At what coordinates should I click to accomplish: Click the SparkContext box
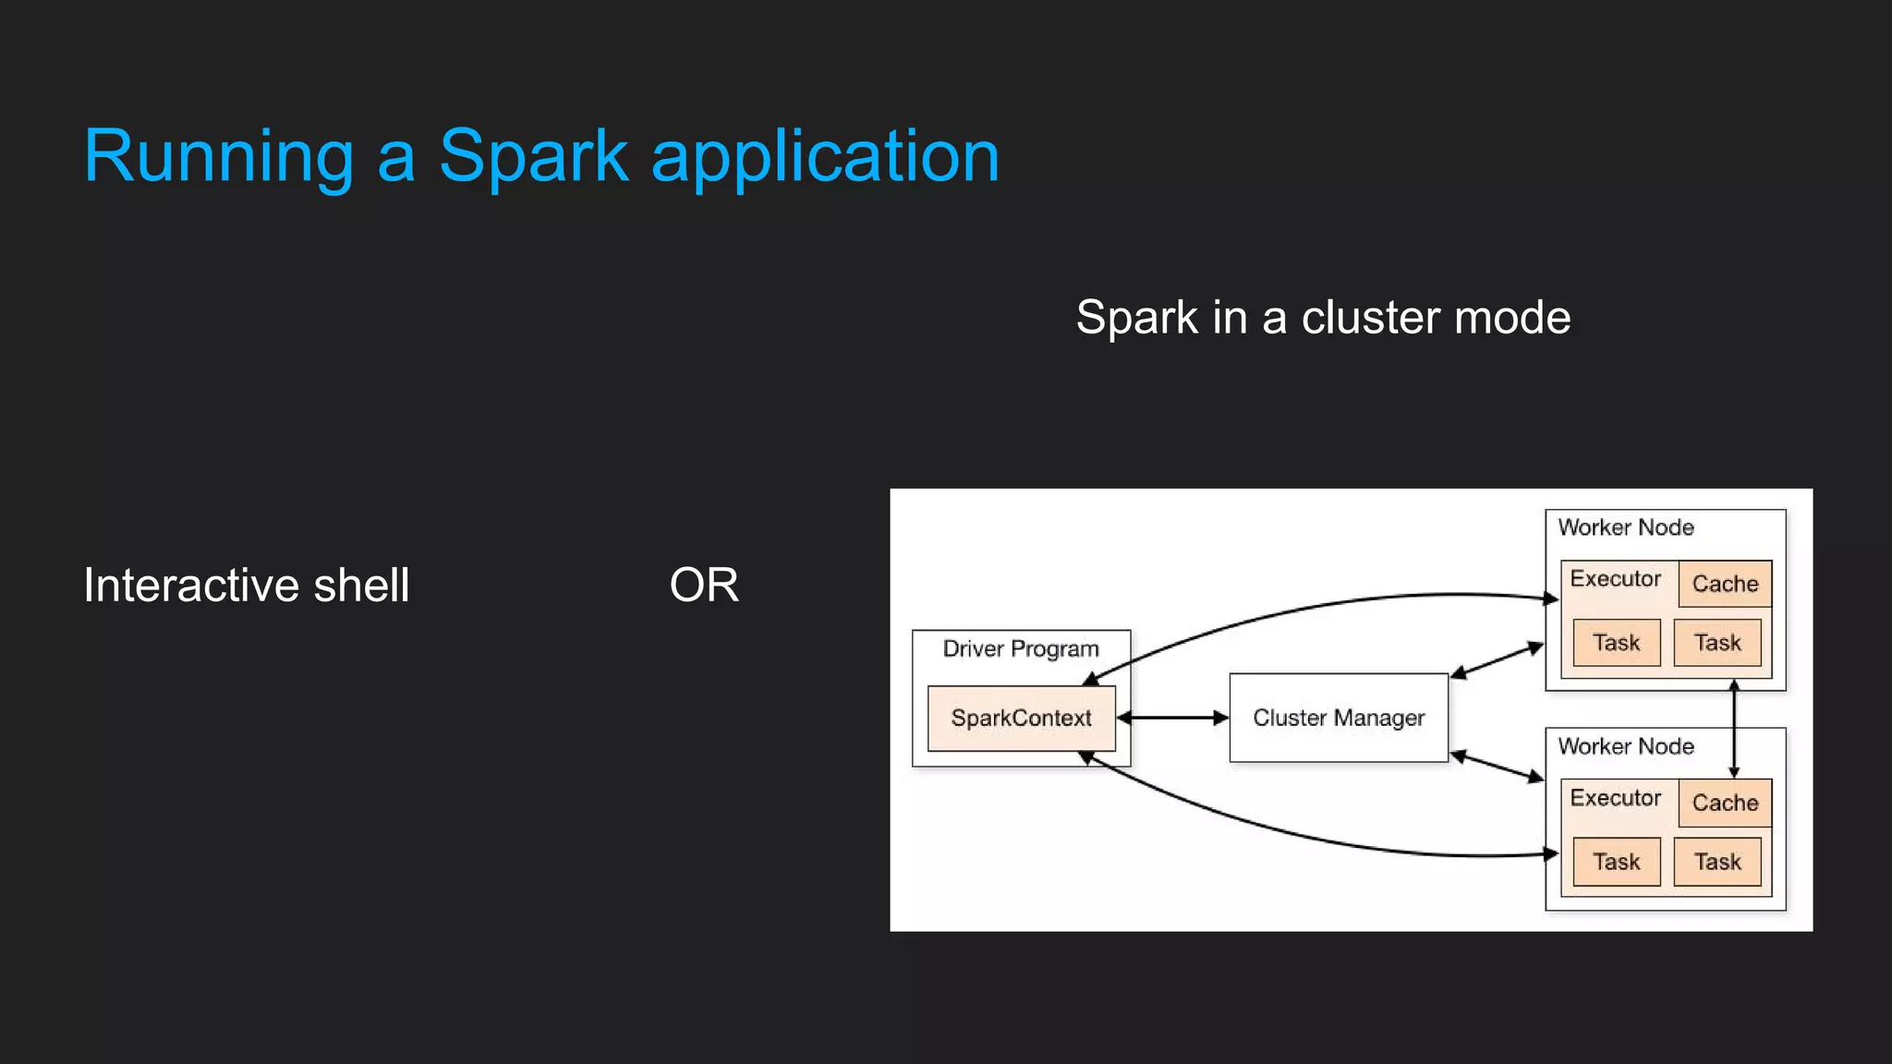(x=1021, y=719)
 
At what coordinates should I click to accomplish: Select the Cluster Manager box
(x=1339, y=718)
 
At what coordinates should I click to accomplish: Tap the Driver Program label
(x=1021, y=648)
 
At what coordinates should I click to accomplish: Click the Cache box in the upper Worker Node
(x=1725, y=584)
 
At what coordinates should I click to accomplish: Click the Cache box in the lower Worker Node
(x=1725, y=803)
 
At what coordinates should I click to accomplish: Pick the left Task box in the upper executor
(x=1616, y=643)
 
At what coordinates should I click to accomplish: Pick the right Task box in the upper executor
(x=1717, y=643)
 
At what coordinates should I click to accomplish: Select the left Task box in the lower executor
(x=1616, y=862)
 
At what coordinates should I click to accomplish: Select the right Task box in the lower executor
(x=1717, y=862)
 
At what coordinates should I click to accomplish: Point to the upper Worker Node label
(x=1626, y=527)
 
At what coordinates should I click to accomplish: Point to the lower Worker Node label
(x=1626, y=746)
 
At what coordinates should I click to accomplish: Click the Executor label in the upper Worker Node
(x=1615, y=579)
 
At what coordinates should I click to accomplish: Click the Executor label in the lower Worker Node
(x=1615, y=798)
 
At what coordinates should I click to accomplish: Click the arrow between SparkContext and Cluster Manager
(x=1172, y=718)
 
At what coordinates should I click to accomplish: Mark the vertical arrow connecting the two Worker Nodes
(x=1734, y=730)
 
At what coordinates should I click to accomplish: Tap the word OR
(x=704, y=586)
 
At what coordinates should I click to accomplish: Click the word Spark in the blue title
(x=533, y=157)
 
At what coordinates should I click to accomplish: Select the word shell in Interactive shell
(x=361, y=586)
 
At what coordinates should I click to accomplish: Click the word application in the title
(x=825, y=157)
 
